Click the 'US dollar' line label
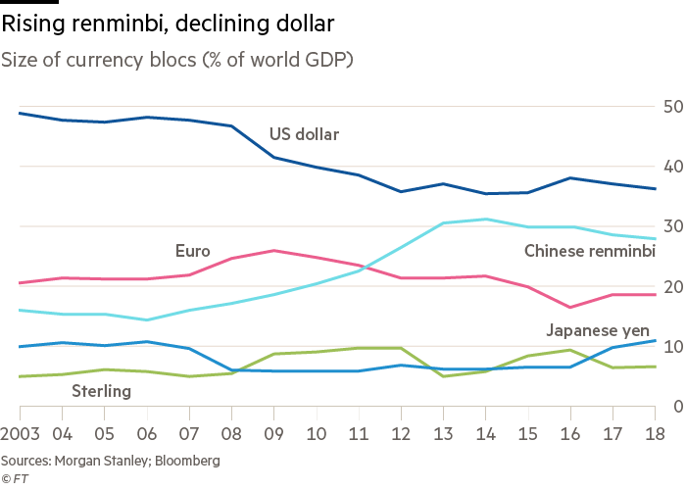click(304, 134)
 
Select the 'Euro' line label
click(193, 251)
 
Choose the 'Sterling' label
click(102, 392)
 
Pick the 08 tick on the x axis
click(231, 433)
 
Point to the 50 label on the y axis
click(673, 106)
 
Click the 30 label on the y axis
click(673, 226)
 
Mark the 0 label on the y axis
click(677, 407)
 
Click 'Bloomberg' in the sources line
click(186, 460)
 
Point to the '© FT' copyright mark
click(14, 477)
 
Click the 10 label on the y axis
click(673, 347)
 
